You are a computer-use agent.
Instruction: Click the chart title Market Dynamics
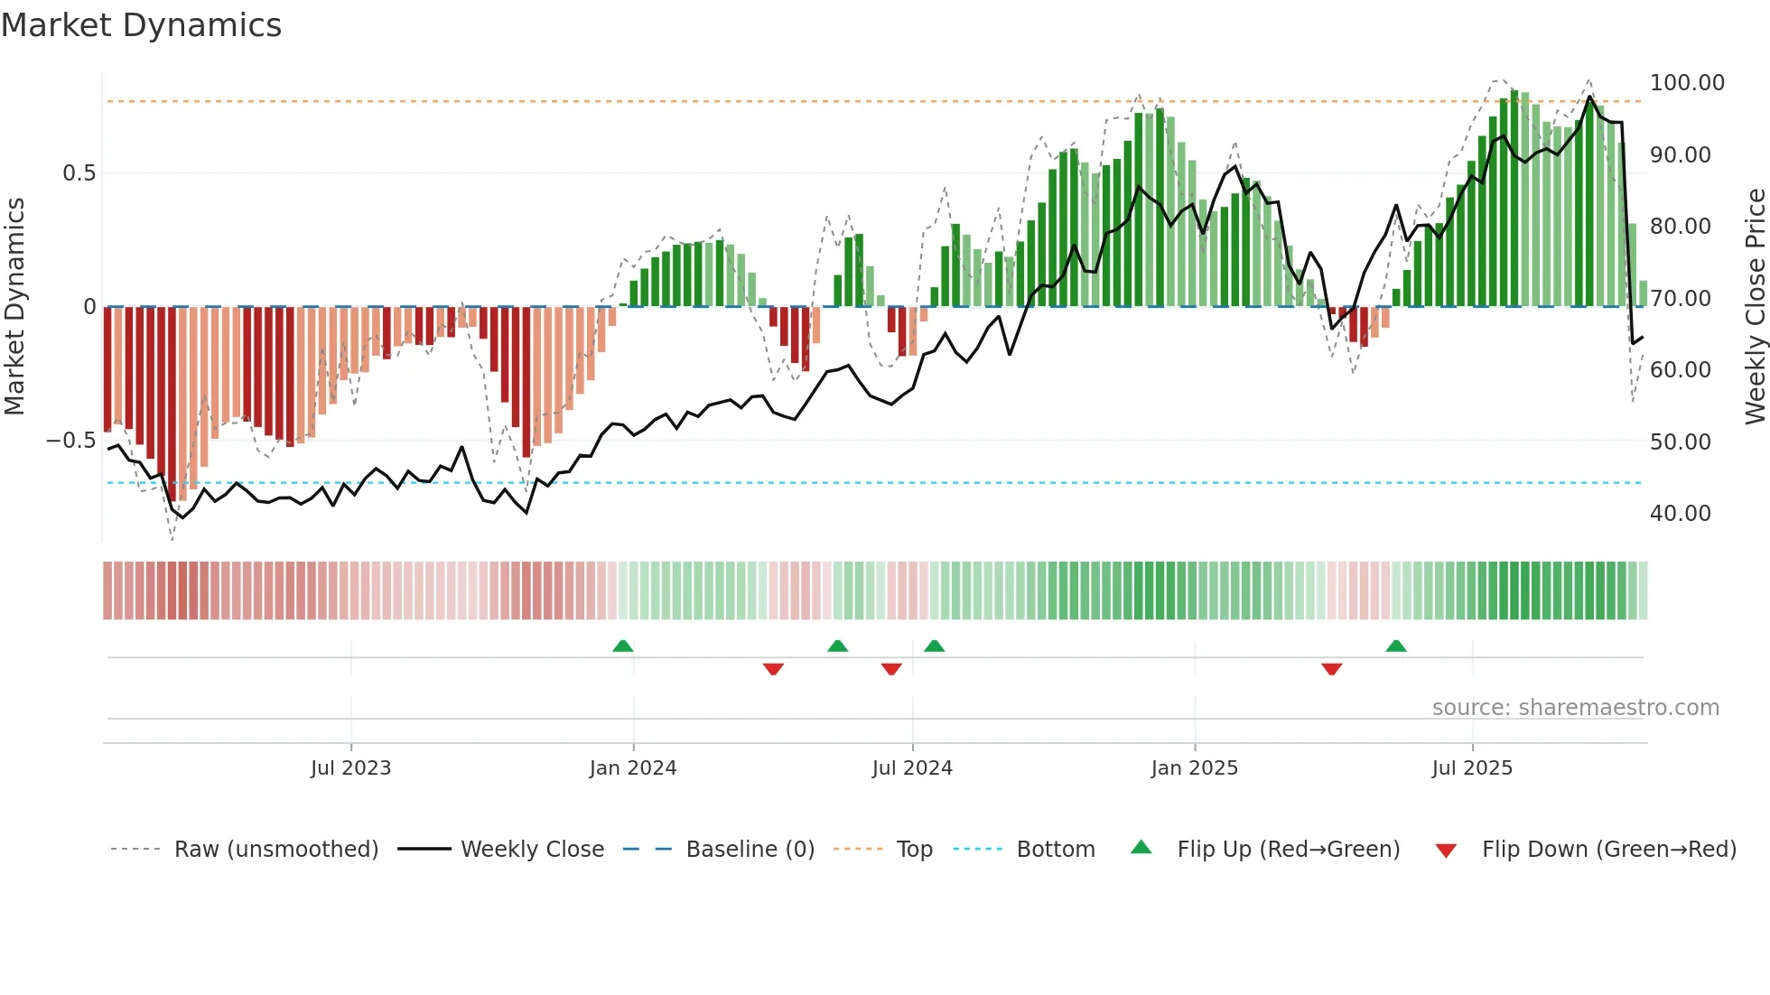[142, 25]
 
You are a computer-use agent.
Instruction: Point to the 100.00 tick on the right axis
[1686, 83]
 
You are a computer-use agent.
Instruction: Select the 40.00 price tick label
[1680, 514]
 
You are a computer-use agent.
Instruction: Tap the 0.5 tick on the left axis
[79, 173]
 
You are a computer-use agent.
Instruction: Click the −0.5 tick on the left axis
[71, 441]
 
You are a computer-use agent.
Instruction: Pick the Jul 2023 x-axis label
[350, 768]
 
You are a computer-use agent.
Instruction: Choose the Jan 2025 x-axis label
[1194, 768]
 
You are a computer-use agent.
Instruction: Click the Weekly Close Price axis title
[1755, 307]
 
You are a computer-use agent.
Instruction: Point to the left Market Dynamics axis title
[14, 307]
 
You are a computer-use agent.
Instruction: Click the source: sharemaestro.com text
[1575, 708]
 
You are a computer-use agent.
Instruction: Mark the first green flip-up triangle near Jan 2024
[622, 646]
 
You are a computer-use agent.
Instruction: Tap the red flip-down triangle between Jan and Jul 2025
[1331, 669]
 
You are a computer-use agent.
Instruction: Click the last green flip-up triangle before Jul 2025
[1396, 646]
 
